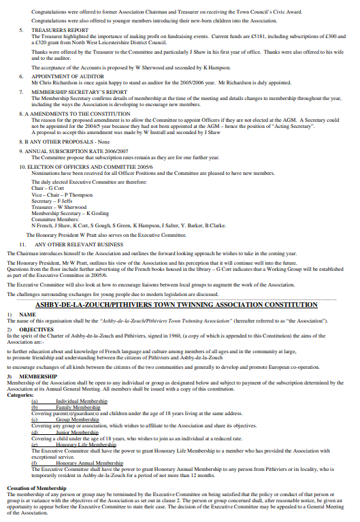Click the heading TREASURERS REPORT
click(60, 31)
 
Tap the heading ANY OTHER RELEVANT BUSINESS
click(79, 244)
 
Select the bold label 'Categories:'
click(20, 395)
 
